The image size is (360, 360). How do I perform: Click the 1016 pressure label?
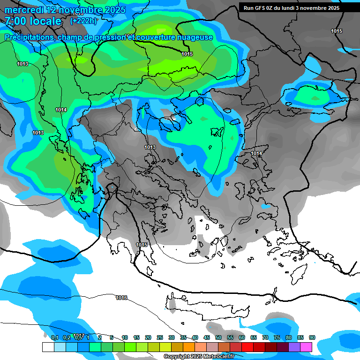pyautogui.click(x=121, y=298)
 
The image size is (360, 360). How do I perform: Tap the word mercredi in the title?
pyautogui.click(x=22, y=9)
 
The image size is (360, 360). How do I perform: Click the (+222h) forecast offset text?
pyautogui.click(x=83, y=21)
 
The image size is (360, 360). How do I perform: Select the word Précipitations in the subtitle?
pyautogui.click(x=29, y=37)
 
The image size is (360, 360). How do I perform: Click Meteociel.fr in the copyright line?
pyautogui.click(x=209, y=357)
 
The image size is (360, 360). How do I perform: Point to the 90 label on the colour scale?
pyautogui.click(x=312, y=337)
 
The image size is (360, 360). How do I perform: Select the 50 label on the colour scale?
pyautogui.click(x=218, y=337)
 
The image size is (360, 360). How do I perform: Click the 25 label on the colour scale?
pyautogui.click(x=160, y=337)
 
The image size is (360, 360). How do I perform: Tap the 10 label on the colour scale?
pyautogui.click(x=125, y=337)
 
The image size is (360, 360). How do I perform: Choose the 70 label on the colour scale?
pyautogui.click(x=265, y=337)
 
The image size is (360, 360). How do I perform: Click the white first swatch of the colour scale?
pyautogui.click(x=48, y=347)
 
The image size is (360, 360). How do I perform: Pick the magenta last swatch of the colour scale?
pyautogui.click(x=306, y=347)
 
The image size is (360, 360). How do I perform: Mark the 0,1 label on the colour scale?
pyautogui.click(x=54, y=337)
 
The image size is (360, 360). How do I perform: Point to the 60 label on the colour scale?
pyautogui.click(x=242, y=337)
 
